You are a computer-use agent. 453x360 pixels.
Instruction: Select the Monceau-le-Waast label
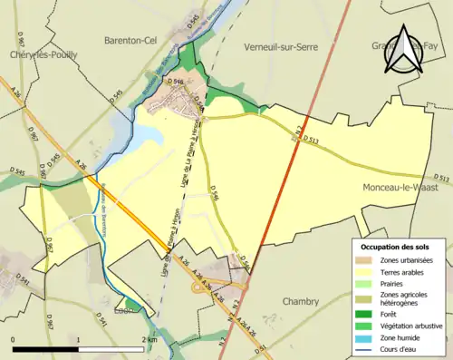tap(395, 186)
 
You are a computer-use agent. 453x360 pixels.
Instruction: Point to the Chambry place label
tap(300, 301)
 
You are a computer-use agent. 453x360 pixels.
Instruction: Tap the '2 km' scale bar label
tap(150, 339)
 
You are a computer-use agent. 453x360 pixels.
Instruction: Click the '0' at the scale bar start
tap(14, 339)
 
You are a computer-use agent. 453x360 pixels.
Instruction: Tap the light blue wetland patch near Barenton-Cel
tap(146, 134)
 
